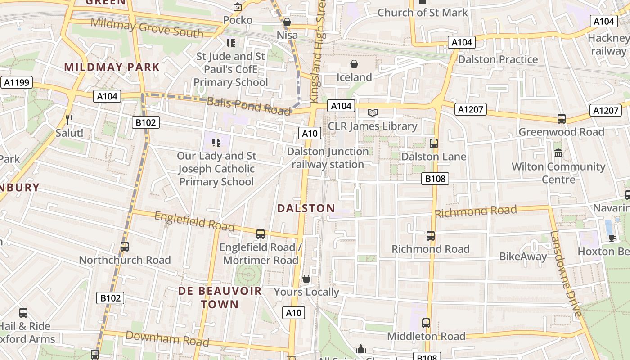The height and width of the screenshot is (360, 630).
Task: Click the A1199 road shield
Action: [x=16, y=82]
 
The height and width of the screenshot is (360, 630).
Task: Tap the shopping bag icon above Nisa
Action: [x=287, y=22]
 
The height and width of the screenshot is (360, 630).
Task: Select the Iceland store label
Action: [x=354, y=77]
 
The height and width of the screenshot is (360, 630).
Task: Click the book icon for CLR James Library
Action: [x=373, y=112]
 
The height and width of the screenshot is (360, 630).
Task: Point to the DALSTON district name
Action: [x=306, y=208]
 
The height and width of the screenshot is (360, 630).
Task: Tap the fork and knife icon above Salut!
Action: [x=69, y=119]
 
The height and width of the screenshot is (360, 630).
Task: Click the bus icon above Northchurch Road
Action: [x=125, y=247]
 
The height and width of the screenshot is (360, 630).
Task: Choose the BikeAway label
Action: [x=523, y=256]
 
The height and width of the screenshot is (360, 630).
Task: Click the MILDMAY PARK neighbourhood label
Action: [x=112, y=67]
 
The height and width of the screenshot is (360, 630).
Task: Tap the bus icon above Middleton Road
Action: [x=426, y=323]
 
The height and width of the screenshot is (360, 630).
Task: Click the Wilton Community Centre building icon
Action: [x=558, y=153]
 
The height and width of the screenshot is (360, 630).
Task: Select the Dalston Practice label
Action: [x=498, y=59]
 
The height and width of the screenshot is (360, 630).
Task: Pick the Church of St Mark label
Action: [x=423, y=13]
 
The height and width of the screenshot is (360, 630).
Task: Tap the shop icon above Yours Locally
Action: [x=306, y=279]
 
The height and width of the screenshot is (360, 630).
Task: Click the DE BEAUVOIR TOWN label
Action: [x=220, y=297]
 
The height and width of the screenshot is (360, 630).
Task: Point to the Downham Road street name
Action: [x=161, y=338]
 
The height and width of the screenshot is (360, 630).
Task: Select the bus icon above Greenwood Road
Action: [x=562, y=119]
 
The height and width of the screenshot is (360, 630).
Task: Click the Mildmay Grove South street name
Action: [x=147, y=28]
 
